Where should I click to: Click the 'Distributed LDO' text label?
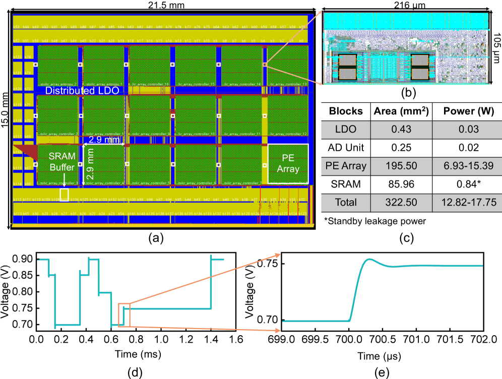[82, 91]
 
